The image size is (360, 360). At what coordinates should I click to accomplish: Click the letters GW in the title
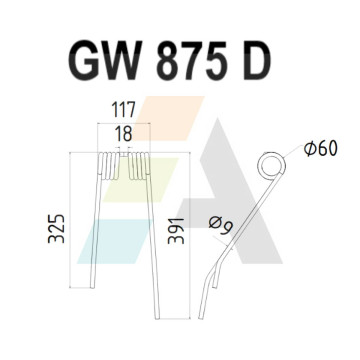(104, 60)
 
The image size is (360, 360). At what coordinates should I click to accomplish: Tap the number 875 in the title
(188, 60)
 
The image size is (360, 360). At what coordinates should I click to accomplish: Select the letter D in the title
(257, 60)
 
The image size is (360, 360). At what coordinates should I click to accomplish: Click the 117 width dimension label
(123, 110)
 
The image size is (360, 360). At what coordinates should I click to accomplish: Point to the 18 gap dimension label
(123, 134)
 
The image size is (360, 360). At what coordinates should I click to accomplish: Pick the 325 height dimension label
(56, 229)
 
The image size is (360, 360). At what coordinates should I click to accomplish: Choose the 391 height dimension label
(176, 231)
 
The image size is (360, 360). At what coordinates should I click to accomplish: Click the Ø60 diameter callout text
(321, 148)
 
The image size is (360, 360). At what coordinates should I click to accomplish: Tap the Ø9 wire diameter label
(221, 225)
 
